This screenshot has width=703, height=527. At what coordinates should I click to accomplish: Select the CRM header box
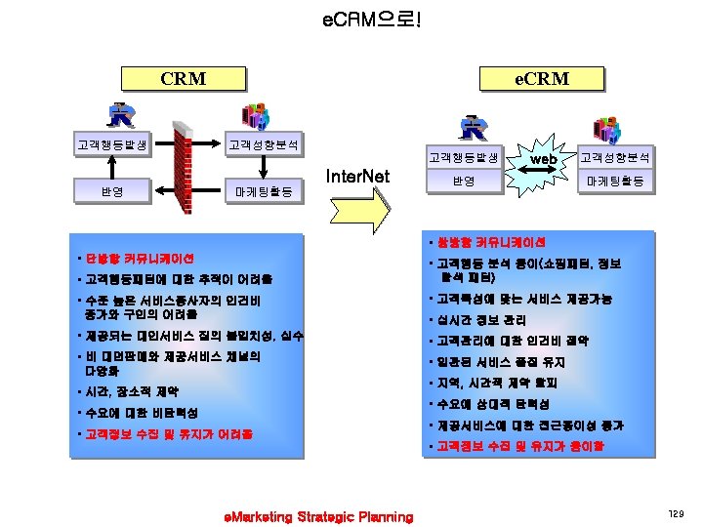(x=183, y=78)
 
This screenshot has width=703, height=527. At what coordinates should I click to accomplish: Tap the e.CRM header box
(x=542, y=78)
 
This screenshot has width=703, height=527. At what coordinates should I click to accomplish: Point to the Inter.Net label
(x=357, y=177)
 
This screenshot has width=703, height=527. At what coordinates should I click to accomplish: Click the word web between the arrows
(x=543, y=158)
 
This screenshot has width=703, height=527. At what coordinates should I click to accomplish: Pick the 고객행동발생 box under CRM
(x=112, y=145)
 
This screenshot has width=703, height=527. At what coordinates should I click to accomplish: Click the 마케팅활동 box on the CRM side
(x=264, y=191)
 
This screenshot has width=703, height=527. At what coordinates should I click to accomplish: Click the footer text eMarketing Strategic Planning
(x=318, y=516)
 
